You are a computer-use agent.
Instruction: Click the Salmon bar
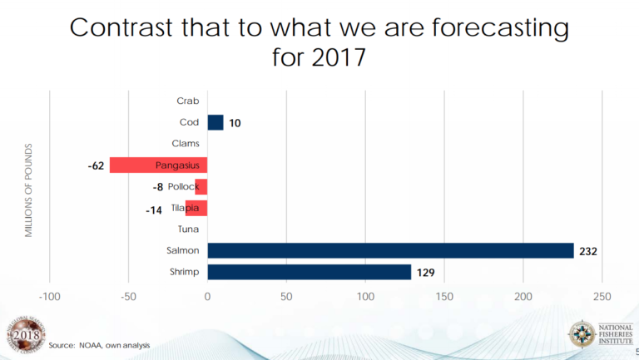(x=390, y=250)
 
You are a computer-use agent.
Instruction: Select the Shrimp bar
(x=309, y=272)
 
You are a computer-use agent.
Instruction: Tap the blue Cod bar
(x=215, y=122)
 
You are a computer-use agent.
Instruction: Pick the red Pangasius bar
(x=158, y=165)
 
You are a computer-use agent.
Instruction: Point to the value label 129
(x=426, y=273)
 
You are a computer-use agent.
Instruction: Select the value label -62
(x=96, y=166)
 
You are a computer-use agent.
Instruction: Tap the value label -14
(x=153, y=210)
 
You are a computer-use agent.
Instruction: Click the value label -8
(x=158, y=187)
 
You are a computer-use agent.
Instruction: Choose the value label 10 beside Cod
(x=235, y=123)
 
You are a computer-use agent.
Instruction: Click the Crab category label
(x=188, y=101)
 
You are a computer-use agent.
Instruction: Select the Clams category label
(x=185, y=144)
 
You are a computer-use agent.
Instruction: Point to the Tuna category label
(x=187, y=229)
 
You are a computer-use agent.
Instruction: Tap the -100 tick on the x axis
(x=49, y=297)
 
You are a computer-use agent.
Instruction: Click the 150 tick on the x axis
(x=445, y=297)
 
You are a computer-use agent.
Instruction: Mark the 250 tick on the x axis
(x=603, y=297)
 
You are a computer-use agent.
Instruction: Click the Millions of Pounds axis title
(x=28, y=190)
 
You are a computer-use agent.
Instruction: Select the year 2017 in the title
(x=338, y=59)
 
